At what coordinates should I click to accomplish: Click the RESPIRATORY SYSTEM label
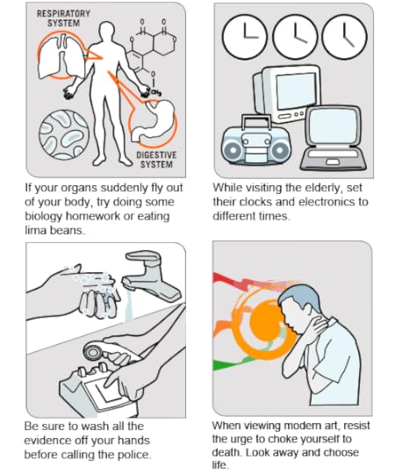(63, 18)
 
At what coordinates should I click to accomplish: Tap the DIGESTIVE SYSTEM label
(156, 160)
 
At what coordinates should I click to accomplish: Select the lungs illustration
(61, 57)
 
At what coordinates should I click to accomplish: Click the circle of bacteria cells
(64, 134)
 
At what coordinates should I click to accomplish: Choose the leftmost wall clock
(245, 37)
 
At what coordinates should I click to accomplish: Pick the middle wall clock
(295, 37)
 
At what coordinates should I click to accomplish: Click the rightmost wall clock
(345, 37)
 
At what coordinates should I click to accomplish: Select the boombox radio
(256, 140)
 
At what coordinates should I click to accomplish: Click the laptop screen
(334, 126)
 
